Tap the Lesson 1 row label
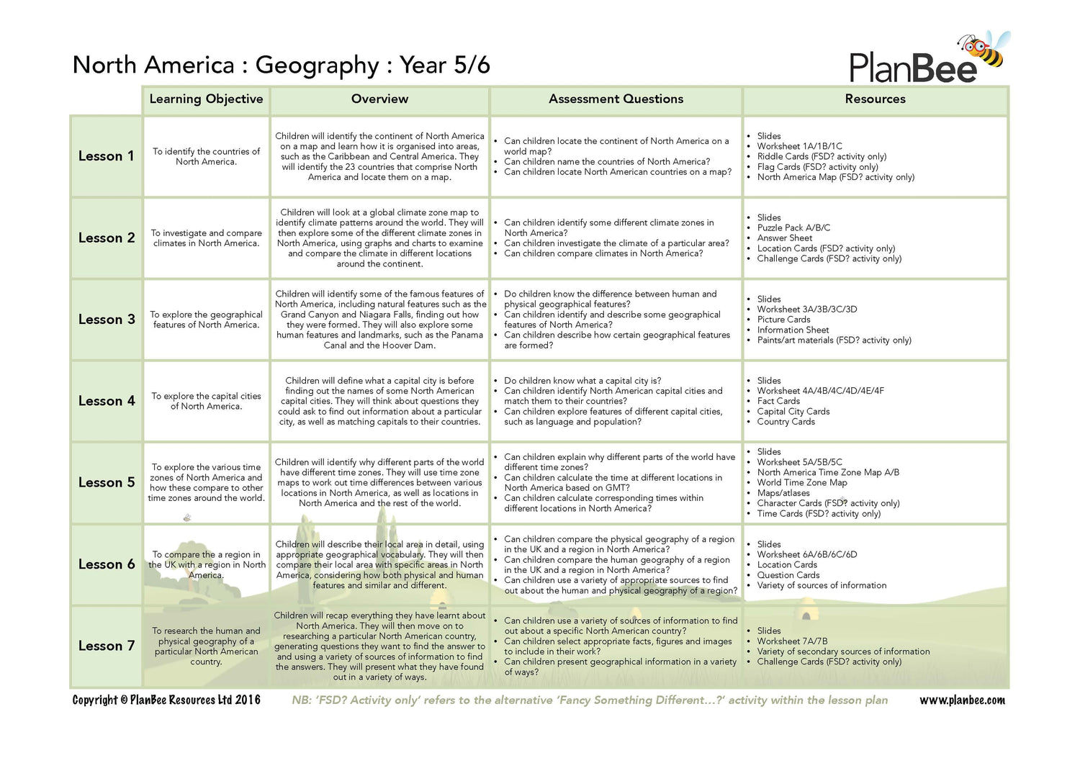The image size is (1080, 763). (106, 156)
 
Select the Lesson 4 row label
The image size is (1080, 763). (107, 401)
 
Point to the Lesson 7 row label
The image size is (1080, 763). (107, 646)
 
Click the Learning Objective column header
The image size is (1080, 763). (206, 99)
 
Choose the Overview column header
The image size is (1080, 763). (379, 99)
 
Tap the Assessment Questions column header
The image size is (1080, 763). (616, 99)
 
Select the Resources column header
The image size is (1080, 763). (875, 99)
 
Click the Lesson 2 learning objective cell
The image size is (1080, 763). (206, 238)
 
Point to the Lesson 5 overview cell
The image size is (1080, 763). (379, 482)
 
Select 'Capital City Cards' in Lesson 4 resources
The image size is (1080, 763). (793, 412)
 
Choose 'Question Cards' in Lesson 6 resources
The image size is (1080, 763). (788, 575)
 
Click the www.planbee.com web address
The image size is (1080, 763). (962, 700)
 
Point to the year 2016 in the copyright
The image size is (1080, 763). (247, 700)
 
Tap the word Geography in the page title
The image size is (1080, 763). (317, 66)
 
